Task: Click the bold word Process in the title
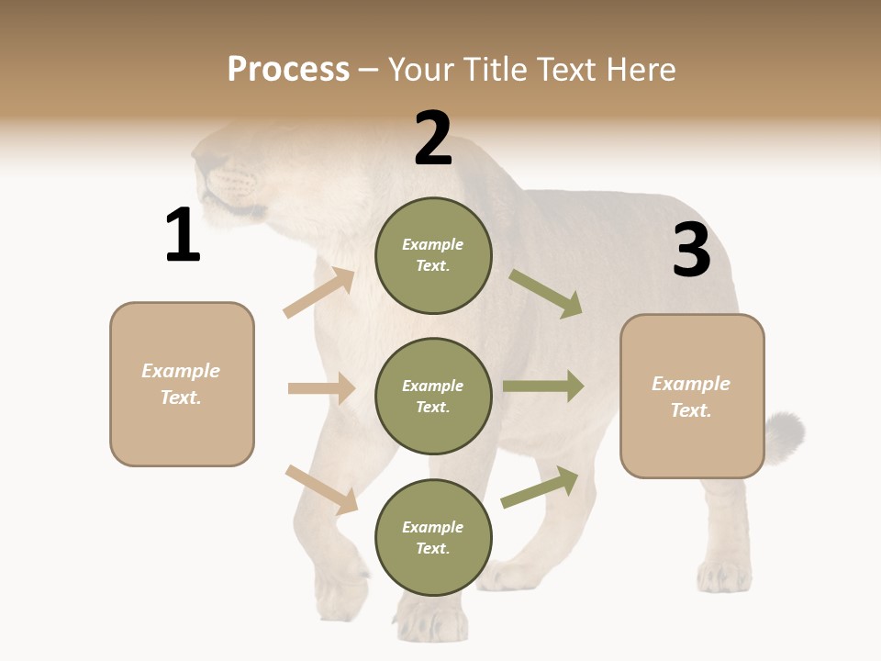[288, 70]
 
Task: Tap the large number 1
[183, 235]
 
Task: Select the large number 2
[433, 139]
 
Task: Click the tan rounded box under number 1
[182, 384]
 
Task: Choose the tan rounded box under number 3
[692, 396]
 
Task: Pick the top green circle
[433, 255]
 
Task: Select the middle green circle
[433, 396]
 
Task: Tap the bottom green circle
[433, 537]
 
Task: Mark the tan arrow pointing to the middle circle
[321, 388]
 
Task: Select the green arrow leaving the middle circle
[543, 387]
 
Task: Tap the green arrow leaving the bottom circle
[540, 487]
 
